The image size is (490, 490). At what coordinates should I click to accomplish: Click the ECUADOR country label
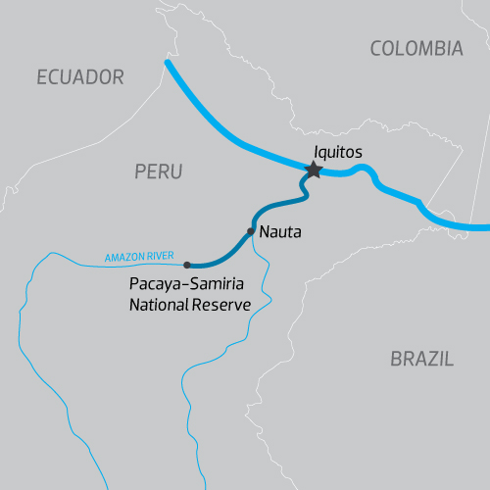tap(80, 76)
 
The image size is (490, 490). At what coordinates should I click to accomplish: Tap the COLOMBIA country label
tap(416, 48)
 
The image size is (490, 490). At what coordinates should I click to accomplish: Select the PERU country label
tap(158, 171)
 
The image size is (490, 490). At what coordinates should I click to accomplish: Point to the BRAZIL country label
tap(421, 359)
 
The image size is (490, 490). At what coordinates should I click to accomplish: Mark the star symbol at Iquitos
tap(313, 171)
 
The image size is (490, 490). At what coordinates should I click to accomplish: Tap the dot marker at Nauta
tap(251, 231)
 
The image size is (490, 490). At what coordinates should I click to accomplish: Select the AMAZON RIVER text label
tap(139, 258)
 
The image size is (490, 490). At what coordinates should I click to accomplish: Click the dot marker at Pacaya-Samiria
tap(187, 265)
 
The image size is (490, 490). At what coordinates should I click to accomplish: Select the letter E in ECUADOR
tap(42, 76)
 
